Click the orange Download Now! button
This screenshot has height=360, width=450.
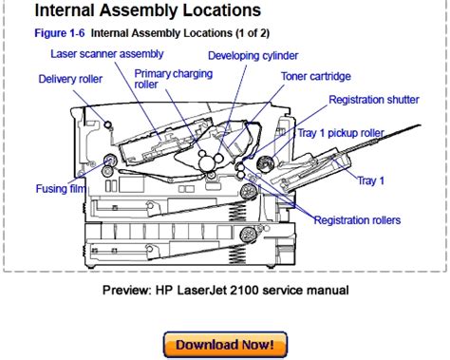coord(225,345)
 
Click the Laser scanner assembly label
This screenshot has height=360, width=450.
coord(107,54)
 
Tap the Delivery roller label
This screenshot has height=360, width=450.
coord(70,79)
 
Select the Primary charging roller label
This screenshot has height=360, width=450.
coord(173,79)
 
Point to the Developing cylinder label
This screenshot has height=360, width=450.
coord(253,56)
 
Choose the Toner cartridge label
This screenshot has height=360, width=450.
coord(316,76)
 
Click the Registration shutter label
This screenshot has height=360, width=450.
coord(374,100)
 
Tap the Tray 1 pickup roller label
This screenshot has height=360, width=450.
coord(341,133)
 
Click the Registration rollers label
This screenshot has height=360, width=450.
coord(357,220)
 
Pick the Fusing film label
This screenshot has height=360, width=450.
coord(61,189)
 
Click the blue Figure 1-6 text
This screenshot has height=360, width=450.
coord(60,33)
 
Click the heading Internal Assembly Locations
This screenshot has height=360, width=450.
coord(147,10)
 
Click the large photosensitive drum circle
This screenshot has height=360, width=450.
coord(206,163)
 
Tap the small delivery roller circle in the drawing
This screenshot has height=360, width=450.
coord(107,124)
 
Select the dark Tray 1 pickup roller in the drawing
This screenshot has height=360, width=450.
coord(265,163)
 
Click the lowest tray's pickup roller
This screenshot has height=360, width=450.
coord(248,235)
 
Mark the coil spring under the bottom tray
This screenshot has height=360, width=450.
coord(237,254)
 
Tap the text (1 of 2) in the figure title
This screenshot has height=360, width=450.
coord(253,33)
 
